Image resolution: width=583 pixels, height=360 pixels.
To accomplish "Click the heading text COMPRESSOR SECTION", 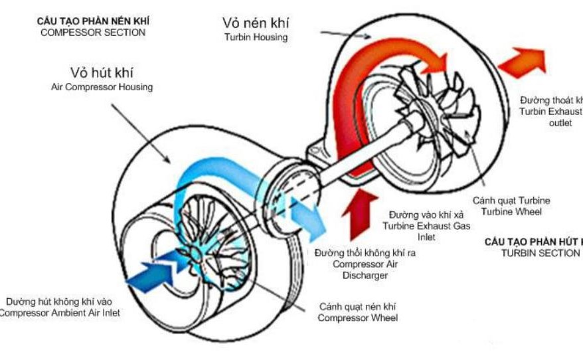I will tap(92, 32).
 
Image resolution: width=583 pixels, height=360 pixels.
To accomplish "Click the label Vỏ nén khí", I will tap(255, 23).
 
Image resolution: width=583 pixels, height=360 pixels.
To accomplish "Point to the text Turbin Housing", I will tap(255, 38).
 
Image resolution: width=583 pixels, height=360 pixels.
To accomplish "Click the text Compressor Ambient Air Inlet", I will tap(60, 313).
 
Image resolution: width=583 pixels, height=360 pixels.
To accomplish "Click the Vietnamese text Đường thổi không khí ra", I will tap(365, 253).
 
